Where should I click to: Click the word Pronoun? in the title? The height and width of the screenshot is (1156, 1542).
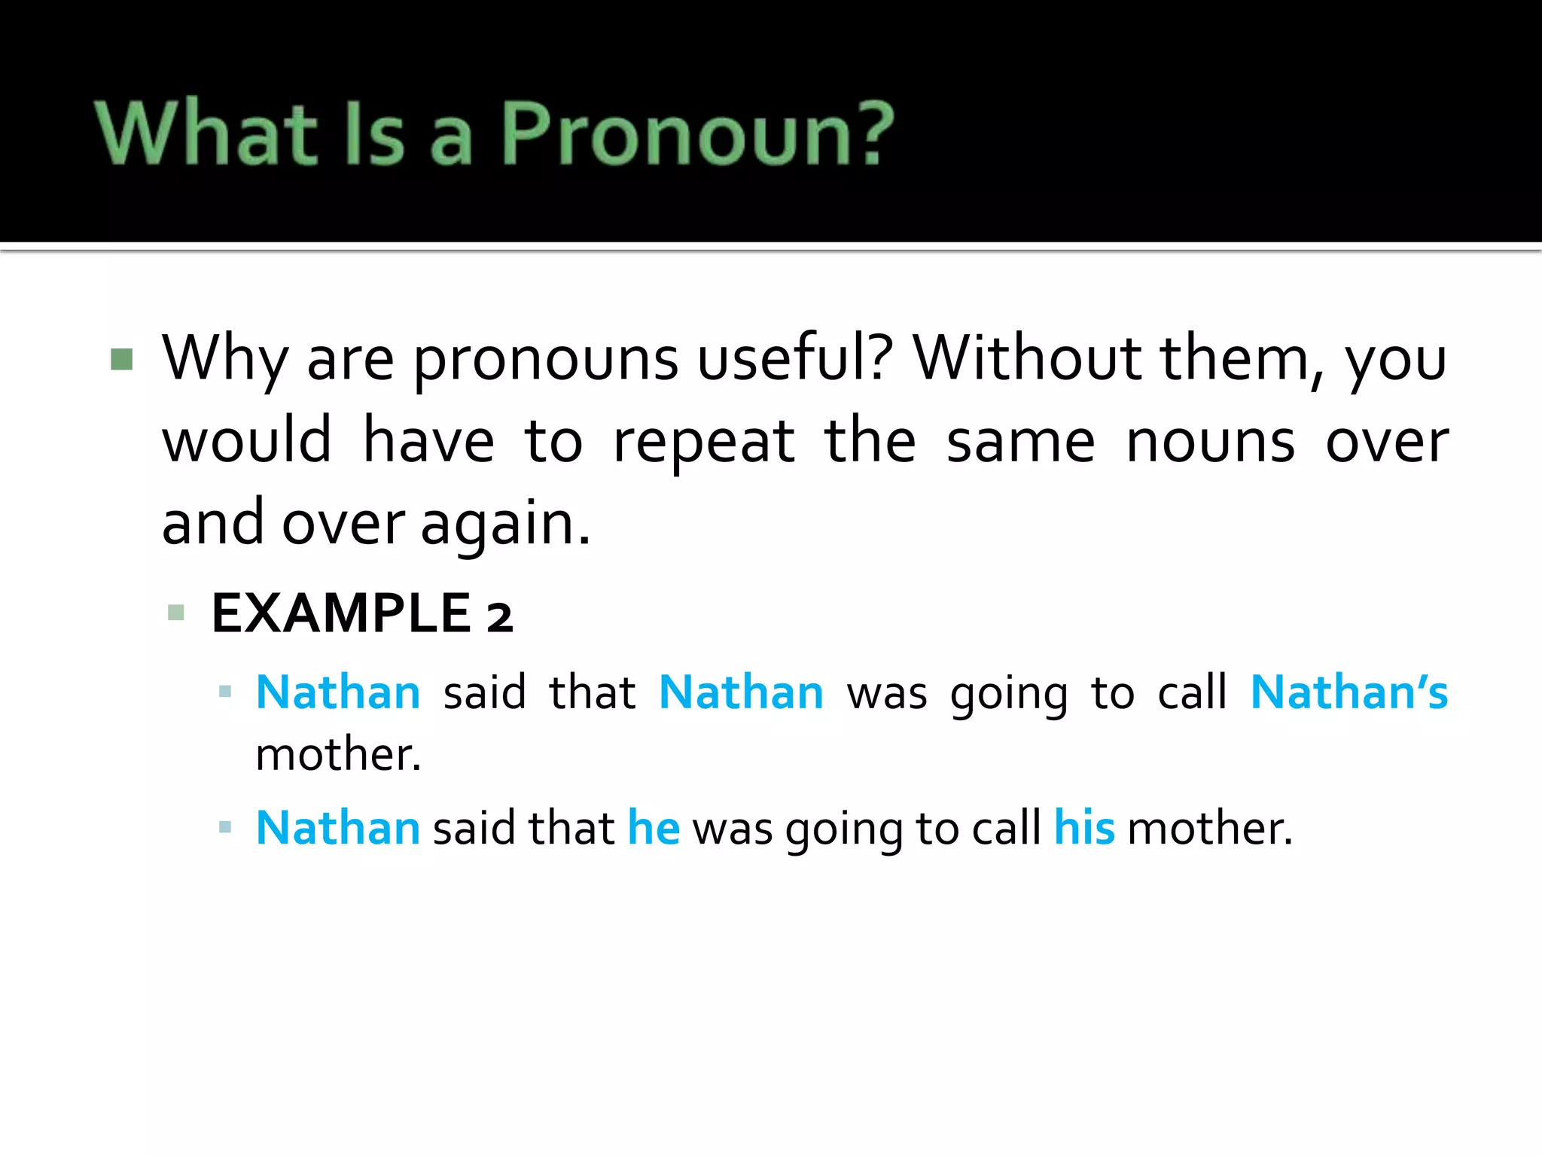pos(696,134)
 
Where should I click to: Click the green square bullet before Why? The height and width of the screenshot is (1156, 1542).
pos(121,359)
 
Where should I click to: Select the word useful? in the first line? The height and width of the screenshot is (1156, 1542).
pos(795,359)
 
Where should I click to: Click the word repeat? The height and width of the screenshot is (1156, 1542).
pos(703,443)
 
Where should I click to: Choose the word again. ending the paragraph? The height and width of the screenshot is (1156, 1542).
pos(505,525)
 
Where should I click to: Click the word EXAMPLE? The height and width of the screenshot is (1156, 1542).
pos(341,613)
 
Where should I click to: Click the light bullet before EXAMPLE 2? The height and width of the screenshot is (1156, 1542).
pos(176,612)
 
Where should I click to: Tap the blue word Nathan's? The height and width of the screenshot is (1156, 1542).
pos(1348,692)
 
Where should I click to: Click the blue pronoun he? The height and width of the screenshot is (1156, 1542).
pos(654,828)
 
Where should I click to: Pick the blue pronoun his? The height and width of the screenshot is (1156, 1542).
pos(1083,828)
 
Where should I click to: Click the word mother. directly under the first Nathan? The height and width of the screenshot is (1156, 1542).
pos(338,754)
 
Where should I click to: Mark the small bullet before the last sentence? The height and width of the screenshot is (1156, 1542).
pos(224,828)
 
